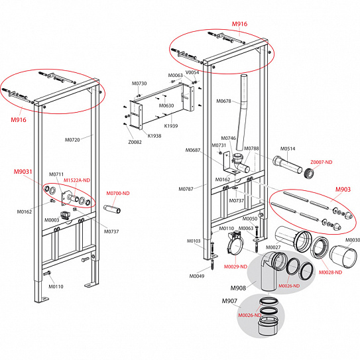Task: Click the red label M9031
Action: tap(23, 172)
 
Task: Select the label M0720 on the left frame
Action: tap(72, 140)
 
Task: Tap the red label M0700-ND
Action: tap(118, 194)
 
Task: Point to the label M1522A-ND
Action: tap(77, 180)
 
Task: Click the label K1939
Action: tap(171, 126)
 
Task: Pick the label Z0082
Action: tap(135, 142)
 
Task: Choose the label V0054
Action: tap(192, 72)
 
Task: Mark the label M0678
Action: tap(224, 101)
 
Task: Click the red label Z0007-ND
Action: tap(322, 162)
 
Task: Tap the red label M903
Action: tap(343, 190)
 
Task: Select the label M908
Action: tap(238, 288)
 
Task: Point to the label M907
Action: tap(229, 301)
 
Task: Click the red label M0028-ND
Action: tap(330, 272)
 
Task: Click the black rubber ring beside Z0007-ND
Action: tap(309, 173)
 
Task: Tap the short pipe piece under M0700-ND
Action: tap(112, 209)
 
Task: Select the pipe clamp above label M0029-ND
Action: tap(235, 244)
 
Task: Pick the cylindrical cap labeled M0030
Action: tap(343, 256)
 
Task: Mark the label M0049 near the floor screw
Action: tap(197, 276)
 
